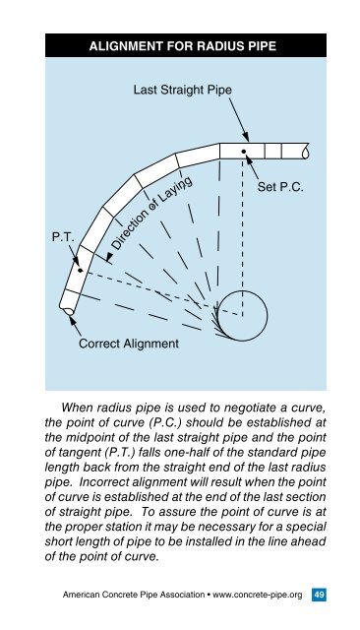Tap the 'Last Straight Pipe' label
[x=183, y=90]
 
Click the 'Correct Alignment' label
[x=129, y=344]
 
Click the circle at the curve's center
[x=242, y=314]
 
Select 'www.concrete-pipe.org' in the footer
[x=250, y=595]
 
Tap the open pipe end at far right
[x=309, y=152]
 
